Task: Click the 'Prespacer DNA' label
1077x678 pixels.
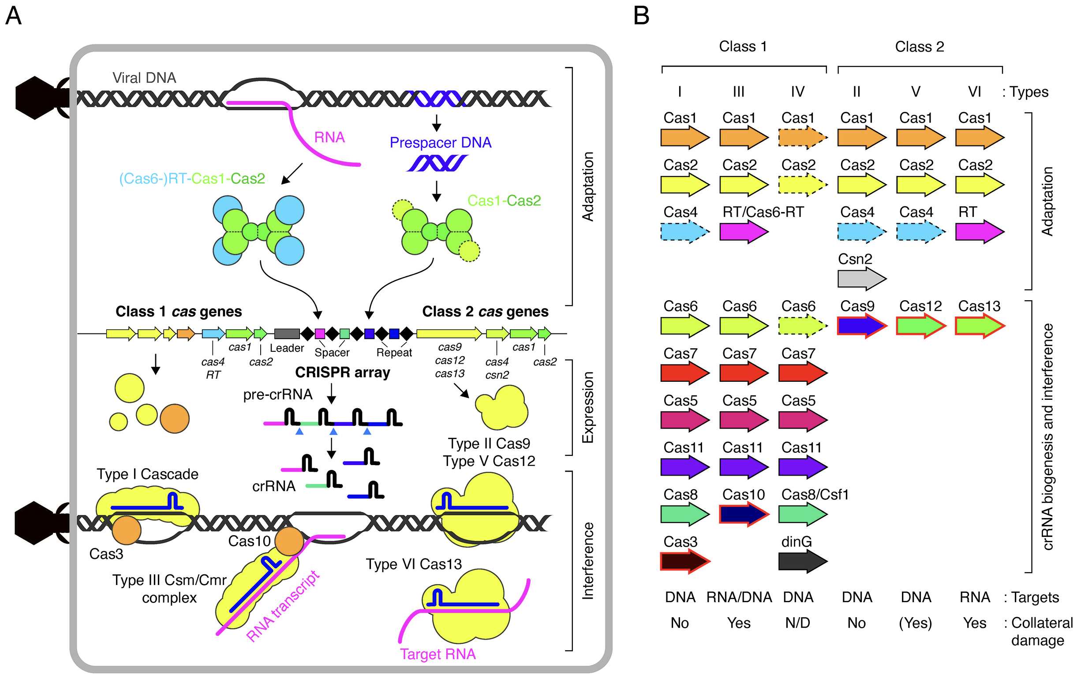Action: (x=440, y=142)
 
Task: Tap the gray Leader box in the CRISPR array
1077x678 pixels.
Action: (x=287, y=333)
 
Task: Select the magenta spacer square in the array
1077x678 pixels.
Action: (x=320, y=333)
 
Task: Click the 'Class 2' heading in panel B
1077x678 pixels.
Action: (x=919, y=46)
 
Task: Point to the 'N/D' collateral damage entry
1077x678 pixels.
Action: (x=797, y=622)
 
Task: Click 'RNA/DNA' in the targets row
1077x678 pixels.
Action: (x=739, y=597)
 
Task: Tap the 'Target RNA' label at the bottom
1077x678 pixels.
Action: (x=438, y=654)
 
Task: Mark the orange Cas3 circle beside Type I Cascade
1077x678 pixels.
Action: (x=127, y=530)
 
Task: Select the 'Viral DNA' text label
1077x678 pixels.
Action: (x=144, y=78)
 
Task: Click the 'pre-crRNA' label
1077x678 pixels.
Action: (x=277, y=394)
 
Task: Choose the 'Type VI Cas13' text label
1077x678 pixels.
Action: (x=413, y=564)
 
